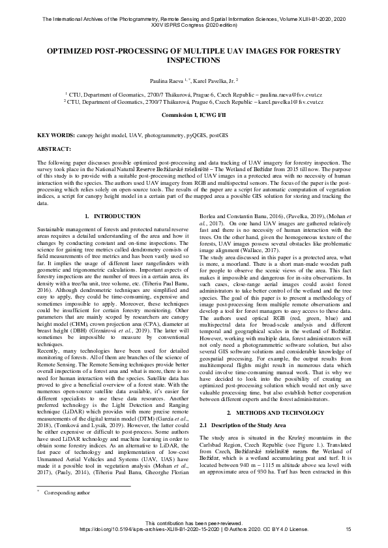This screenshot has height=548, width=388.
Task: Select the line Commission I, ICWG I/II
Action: coord(194,116)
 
